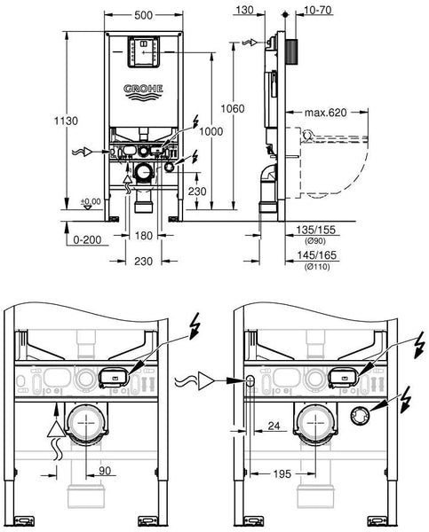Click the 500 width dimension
[x=144, y=15]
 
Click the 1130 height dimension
[x=66, y=121]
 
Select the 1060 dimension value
[x=233, y=108]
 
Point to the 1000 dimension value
[x=211, y=131]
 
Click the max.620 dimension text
[x=325, y=113]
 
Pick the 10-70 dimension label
[x=317, y=10]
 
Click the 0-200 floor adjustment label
[x=87, y=240]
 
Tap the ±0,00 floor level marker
[x=91, y=201]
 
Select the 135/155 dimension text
[x=316, y=230]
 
